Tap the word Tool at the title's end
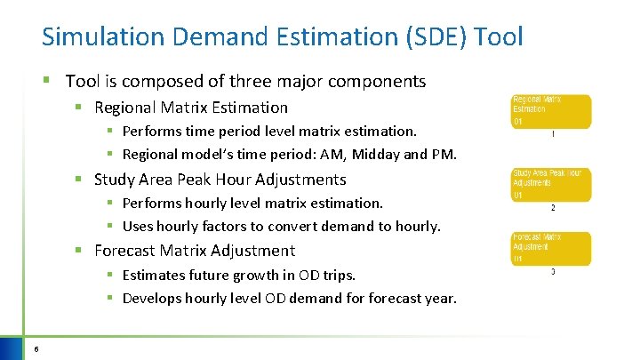(x=500, y=37)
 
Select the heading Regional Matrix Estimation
(x=191, y=108)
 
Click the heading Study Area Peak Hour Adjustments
(x=220, y=180)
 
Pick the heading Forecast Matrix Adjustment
(x=194, y=251)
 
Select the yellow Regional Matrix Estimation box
(x=550, y=111)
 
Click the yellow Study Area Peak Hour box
(x=550, y=184)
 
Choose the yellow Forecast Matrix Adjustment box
(x=550, y=248)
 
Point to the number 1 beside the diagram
(x=553, y=135)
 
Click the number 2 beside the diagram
(x=553, y=208)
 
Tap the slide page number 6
(x=35, y=348)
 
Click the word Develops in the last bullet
(x=154, y=299)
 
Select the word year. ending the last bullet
(x=439, y=299)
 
